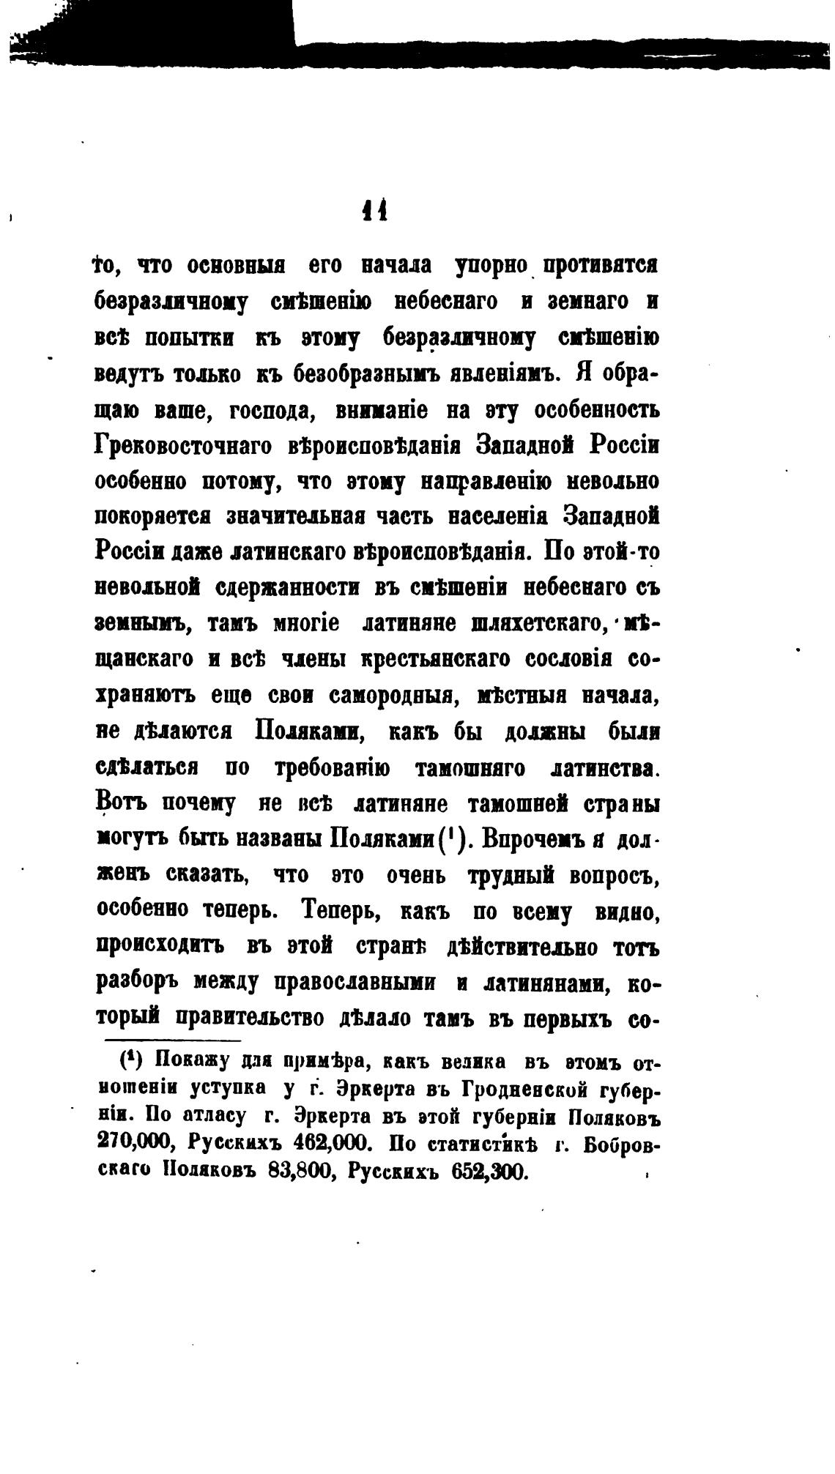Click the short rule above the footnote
point(173,1041)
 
